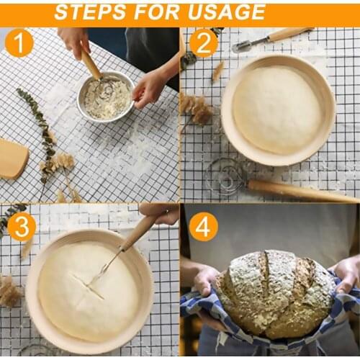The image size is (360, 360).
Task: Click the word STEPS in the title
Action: coord(90,12)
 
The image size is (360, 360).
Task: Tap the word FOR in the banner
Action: coord(158,12)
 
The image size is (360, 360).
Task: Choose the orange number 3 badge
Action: coord(22,227)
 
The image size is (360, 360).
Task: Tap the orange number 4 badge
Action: coord(203,227)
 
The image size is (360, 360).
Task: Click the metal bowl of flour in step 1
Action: coord(106,96)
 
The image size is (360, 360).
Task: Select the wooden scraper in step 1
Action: coord(13,160)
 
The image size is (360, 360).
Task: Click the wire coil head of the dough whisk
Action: coord(225,176)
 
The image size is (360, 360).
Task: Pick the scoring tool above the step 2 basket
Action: coord(274,38)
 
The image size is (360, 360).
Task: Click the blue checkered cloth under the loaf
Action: coord(209,317)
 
